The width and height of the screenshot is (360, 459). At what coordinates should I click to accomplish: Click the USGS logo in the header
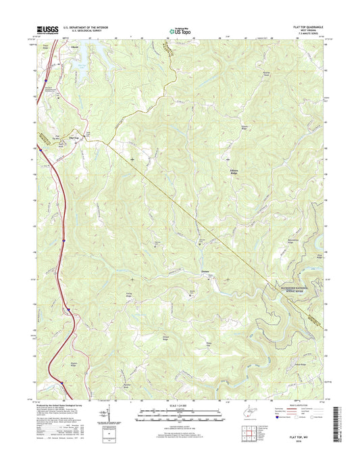pos(42,29)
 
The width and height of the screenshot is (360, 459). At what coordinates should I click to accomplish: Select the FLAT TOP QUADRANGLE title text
pos(310,26)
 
